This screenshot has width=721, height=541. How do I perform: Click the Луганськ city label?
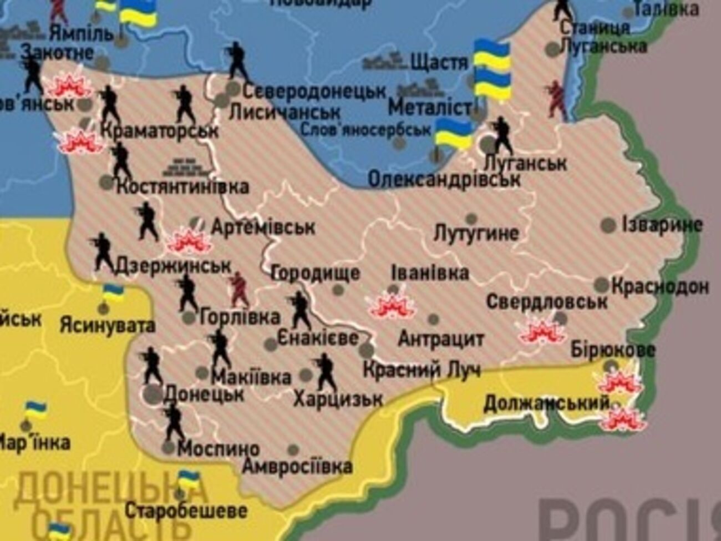pos(525,163)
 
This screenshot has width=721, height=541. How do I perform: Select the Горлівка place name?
pos(239,317)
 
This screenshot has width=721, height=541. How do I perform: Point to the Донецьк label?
pos(204,393)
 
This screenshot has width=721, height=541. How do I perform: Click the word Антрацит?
pos(441,338)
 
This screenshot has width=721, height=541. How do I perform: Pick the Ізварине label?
pos(662,225)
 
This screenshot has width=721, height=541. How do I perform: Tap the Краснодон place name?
pos(659,286)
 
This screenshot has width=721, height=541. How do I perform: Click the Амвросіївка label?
pos(297,466)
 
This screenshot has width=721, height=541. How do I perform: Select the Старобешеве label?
pos(186,510)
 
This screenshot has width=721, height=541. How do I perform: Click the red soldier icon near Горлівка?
pos(239,289)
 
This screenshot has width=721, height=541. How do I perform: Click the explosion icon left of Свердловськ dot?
pos(541,331)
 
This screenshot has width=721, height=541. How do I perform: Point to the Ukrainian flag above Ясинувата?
pos(113,292)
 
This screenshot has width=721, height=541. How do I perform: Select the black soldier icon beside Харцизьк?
pos(325,372)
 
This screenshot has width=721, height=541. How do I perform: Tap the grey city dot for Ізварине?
pos(608,225)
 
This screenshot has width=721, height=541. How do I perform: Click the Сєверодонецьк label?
pos(314,90)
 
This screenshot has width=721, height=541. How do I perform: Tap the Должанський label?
pos(546,403)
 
